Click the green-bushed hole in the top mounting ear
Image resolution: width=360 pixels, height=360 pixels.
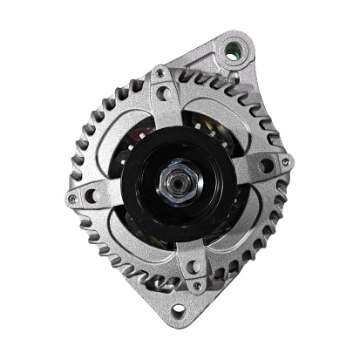pyautogui.click(x=232, y=51)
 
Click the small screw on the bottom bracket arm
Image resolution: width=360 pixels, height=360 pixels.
pyautogui.click(x=198, y=285)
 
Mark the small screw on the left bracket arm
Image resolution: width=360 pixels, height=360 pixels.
pyautogui.click(x=71, y=199)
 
